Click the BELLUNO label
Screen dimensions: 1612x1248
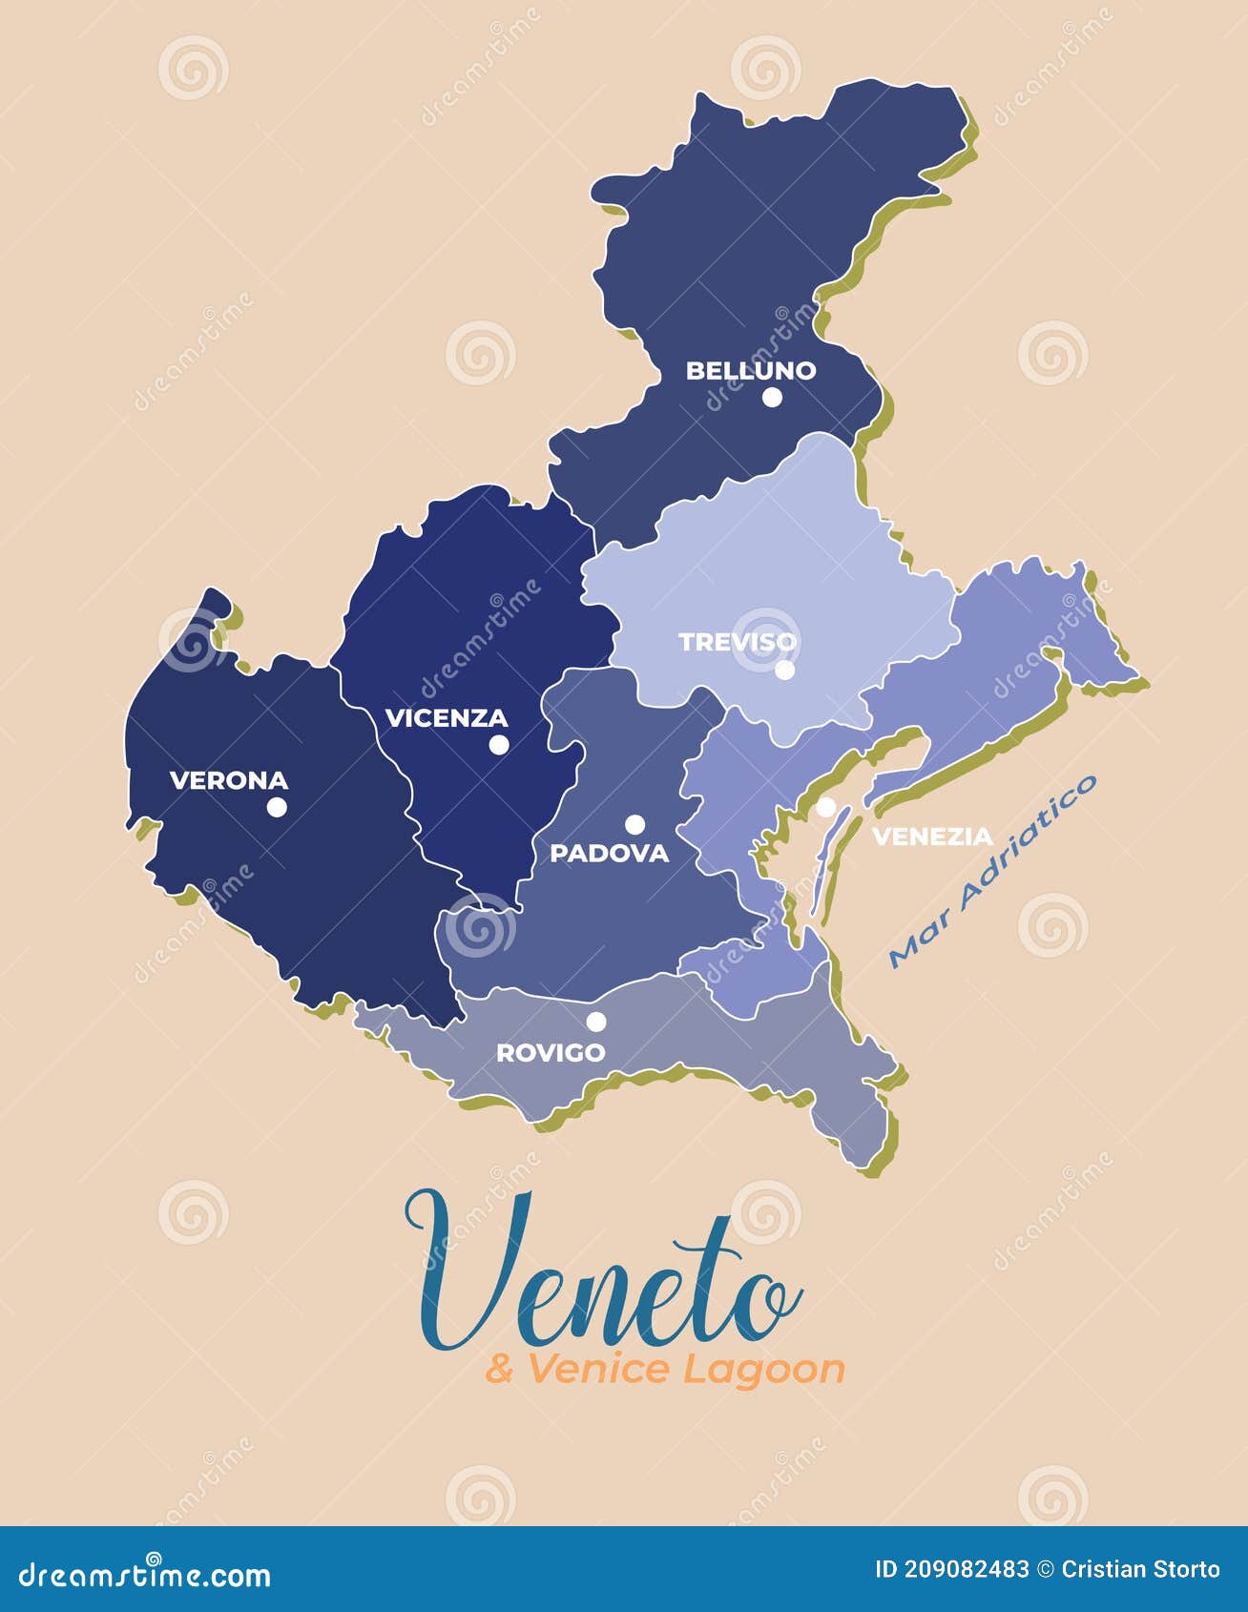click(x=751, y=370)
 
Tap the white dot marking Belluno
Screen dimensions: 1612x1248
click(x=772, y=397)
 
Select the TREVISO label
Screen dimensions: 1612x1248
click(x=738, y=642)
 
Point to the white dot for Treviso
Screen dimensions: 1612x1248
click(x=784, y=670)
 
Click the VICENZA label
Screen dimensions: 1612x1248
click(x=446, y=717)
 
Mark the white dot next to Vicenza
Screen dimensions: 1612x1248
click(x=499, y=745)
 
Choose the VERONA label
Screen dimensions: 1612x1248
click(x=229, y=780)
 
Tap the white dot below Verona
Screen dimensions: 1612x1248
click(x=277, y=807)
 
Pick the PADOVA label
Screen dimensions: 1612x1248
click(x=610, y=853)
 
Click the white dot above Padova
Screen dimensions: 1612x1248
click(x=634, y=824)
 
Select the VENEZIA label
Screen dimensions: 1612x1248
click(x=933, y=837)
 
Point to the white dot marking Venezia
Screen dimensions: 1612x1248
click(x=825, y=807)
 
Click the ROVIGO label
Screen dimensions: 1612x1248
click(x=551, y=1052)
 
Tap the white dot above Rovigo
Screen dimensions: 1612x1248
click(x=596, y=1022)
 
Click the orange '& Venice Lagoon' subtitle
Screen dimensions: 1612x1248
click(x=665, y=1370)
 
